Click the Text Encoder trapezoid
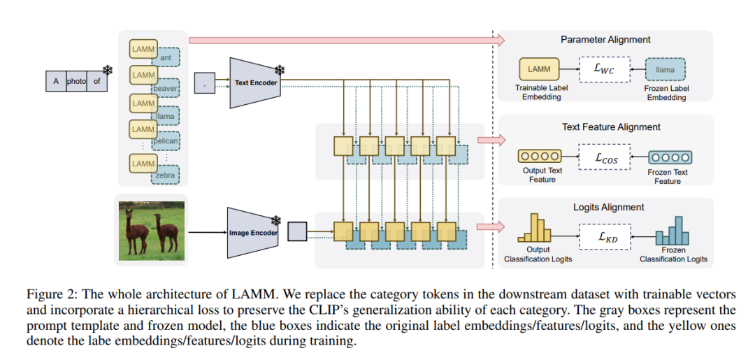click(x=256, y=82)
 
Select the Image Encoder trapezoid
click(x=253, y=233)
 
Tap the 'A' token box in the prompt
click(x=56, y=81)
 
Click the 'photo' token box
click(x=76, y=81)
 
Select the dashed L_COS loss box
click(x=603, y=157)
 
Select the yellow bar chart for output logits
click(x=533, y=228)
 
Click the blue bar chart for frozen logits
click(x=673, y=230)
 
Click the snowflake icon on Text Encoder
click(x=279, y=71)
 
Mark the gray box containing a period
click(x=204, y=83)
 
